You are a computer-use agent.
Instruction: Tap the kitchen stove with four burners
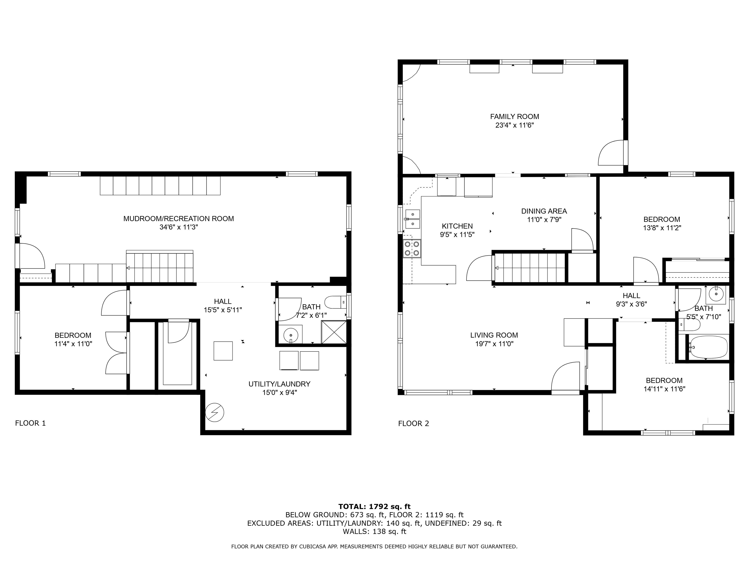coord(412,248)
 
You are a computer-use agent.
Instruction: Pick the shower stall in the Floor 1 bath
coord(334,332)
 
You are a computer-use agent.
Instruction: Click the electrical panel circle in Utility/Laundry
coord(214,412)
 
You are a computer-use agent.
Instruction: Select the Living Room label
coord(494,335)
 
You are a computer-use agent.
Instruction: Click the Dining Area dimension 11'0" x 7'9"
coord(544,220)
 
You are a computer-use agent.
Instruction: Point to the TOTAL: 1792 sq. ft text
coord(374,506)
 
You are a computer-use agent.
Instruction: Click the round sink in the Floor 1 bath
coord(290,335)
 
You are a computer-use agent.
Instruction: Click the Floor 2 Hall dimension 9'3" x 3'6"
coord(631,304)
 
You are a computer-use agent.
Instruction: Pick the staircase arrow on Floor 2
coord(497,268)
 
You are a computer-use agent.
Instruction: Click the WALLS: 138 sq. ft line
coord(374,532)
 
